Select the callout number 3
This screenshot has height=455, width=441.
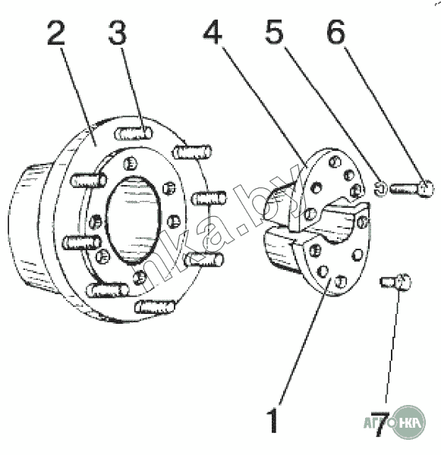tap(118, 33)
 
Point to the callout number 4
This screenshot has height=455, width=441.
tap(213, 33)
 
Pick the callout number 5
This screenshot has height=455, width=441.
tap(274, 32)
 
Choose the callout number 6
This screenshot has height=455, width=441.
tap(335, 32)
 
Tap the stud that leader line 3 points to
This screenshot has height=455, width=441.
tap(134, 133)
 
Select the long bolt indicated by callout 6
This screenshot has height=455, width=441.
tap(411, 189)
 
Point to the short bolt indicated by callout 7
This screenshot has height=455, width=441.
tap(395, 281)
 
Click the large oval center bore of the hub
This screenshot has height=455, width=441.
tap(133, 220)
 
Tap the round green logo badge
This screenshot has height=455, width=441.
tap(408, 422)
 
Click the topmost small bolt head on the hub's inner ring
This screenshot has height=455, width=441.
tap(130, 164)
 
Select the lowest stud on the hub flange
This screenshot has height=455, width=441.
tap(156, 306)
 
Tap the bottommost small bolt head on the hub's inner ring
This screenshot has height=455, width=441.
tap(140, 277)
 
